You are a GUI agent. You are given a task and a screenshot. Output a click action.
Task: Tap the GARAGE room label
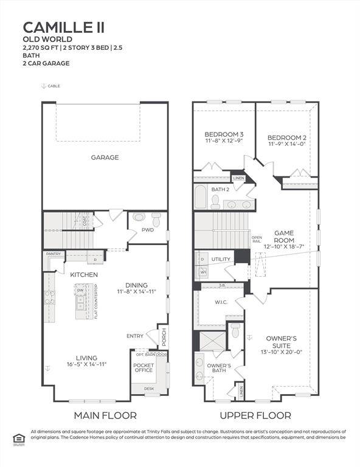click(x=105, y=157)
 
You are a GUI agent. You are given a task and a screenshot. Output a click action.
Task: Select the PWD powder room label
click(x=148, y=230)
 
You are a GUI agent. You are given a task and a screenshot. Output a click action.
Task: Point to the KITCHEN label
click(x=84, y=275)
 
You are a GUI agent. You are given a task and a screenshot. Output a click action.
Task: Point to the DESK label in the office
click(x=149, y=387)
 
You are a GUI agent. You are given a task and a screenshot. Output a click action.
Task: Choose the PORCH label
click(x=163, y=336)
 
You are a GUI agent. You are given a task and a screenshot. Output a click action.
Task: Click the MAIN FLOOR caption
click(x=105, y=415)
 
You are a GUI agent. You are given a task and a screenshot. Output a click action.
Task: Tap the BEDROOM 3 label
click(x=224, y=134)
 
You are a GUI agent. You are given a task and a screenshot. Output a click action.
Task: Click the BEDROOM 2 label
click(x=287, y=138)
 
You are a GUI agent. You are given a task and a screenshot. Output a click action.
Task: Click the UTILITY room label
click(x=221, y=260)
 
